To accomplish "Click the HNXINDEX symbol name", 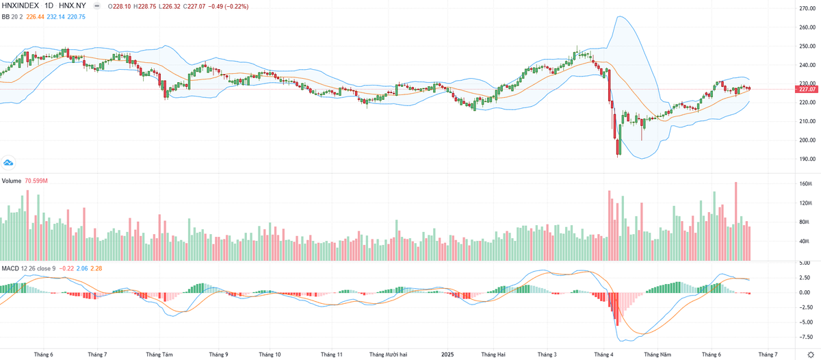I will click(19, 6).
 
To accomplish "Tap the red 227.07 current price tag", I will click(808, 89).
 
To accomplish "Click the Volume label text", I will click(12, 181).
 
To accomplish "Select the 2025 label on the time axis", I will click(447, 355).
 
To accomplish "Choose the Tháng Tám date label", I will click(159, 355).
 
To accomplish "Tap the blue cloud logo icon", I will click(8, 163).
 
